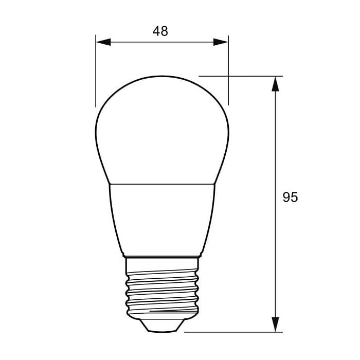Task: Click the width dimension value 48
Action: click(x=160, y=31)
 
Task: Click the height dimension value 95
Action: click(x=290, y=197)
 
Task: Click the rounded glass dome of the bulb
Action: click(x=162, y=129)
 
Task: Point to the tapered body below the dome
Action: click(x=162, y=219)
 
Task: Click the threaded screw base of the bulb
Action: click(x=162, y=288)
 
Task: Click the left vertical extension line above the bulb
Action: click(x=96, y=72)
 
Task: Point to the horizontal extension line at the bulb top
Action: click(x=242, y=76)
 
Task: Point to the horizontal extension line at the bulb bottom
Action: click(x=231, y=332)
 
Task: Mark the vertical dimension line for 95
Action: click(x=276, y=154)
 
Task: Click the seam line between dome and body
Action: click(x=162, y=184)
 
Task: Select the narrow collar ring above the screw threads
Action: click(x=162, y=256)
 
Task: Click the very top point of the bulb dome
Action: click(x=162, y=76)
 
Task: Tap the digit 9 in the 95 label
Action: click(x=286, y=197)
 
